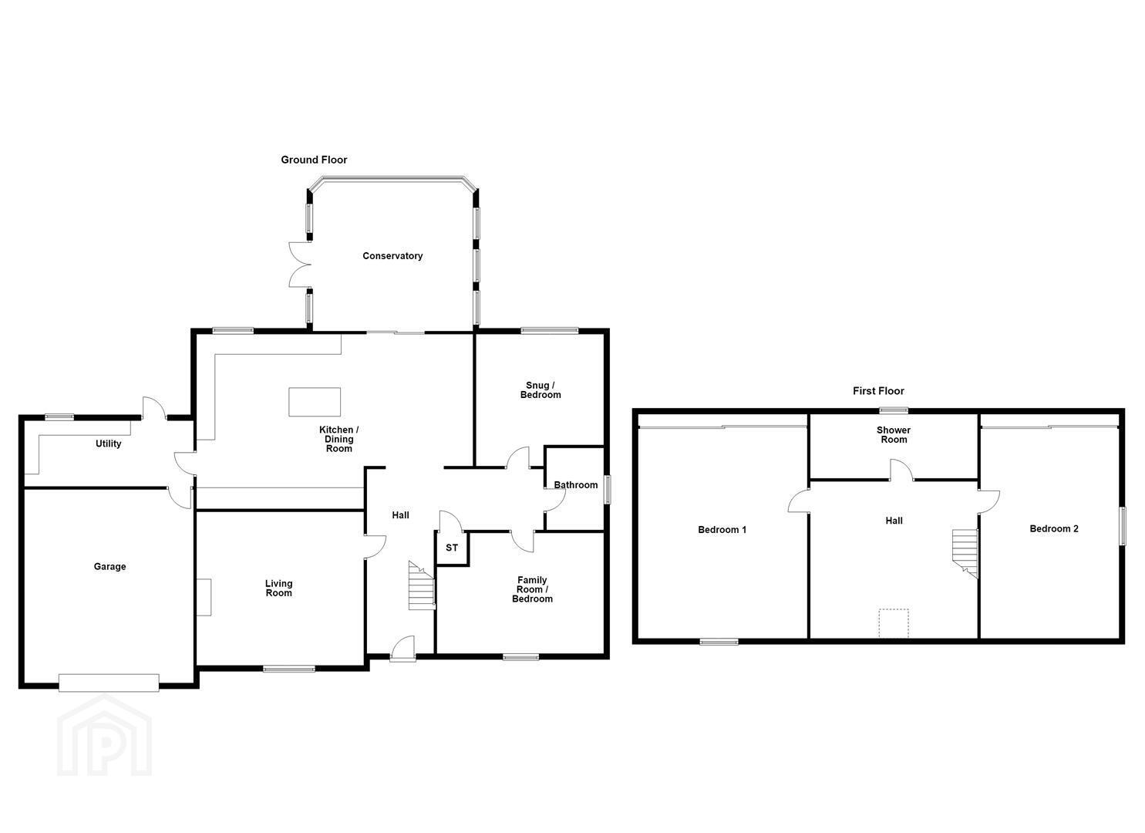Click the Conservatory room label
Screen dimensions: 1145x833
point(392,255)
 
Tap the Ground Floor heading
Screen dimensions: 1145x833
point(314,160)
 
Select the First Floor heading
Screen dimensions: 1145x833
point(878,391)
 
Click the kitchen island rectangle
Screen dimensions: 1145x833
point(315,402)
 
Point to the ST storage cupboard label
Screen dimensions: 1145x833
point(452,548)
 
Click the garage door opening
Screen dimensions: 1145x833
point(109,683)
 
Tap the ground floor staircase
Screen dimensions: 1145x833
point(422,585)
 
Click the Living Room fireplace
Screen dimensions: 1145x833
point(204,597)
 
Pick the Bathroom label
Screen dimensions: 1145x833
point(575,485)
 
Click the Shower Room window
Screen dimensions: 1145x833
point(894,410)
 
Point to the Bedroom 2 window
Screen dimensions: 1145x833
point(1123,526)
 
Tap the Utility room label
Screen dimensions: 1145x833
point(109,443)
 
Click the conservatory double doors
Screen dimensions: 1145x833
point(301,265)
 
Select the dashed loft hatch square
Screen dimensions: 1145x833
point(894,623)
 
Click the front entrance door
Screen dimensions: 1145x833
point(402,649)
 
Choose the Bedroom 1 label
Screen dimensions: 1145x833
point(722,530)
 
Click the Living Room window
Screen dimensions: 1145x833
point(289,669)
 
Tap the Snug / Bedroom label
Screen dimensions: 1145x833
point(541,390)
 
